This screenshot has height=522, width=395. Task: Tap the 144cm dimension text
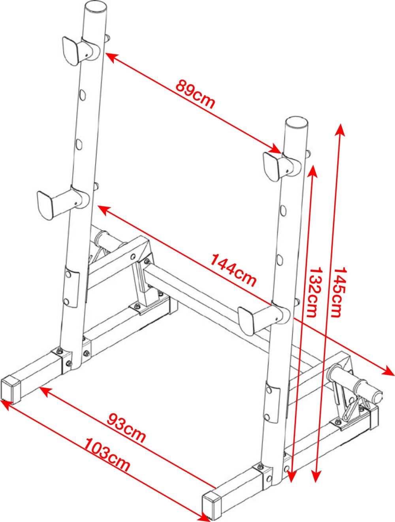coord(233,271)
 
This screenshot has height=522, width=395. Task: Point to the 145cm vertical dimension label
coord(339,292)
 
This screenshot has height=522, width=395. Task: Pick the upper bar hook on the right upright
coord(282,165)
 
